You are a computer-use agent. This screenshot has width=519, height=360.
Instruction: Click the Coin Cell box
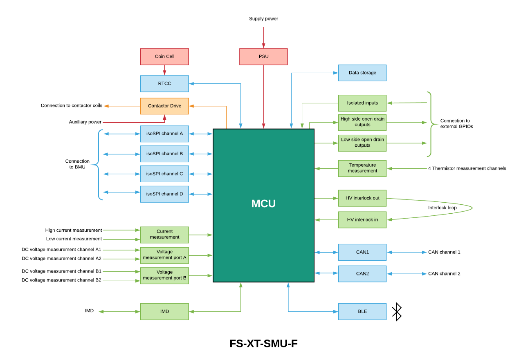pos(164,56)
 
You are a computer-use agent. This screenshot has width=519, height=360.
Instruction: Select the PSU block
pos(263,56)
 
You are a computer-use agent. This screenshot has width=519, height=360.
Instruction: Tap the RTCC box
pos(164,83)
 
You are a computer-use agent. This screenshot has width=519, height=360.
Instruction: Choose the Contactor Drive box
pos(164,106)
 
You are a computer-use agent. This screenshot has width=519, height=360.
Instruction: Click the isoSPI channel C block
pos(164,174)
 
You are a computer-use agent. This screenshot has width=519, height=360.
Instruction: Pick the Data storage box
pos(362,73)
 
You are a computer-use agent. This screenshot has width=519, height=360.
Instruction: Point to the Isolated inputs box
pos(362,103)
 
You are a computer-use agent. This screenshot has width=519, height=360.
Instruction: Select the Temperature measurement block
pos(362,168)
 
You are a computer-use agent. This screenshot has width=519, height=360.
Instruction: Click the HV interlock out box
pos(362,198)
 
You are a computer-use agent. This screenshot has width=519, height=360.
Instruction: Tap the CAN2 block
pos(362,274)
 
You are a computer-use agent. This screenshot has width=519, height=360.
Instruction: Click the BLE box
pos(362,311)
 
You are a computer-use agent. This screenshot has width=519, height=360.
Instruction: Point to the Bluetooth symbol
pos(397,312)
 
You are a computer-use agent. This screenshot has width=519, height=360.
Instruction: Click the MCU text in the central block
pos(263,203)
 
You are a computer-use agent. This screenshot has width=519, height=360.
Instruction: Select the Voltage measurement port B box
pos(164,275)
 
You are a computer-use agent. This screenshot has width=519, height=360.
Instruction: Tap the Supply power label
pos(263,19)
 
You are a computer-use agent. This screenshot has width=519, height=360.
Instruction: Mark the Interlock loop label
pos(442,208)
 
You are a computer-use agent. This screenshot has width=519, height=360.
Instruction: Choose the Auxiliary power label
pos(85,122)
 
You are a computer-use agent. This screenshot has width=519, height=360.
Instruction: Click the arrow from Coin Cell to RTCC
pos(164,70)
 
